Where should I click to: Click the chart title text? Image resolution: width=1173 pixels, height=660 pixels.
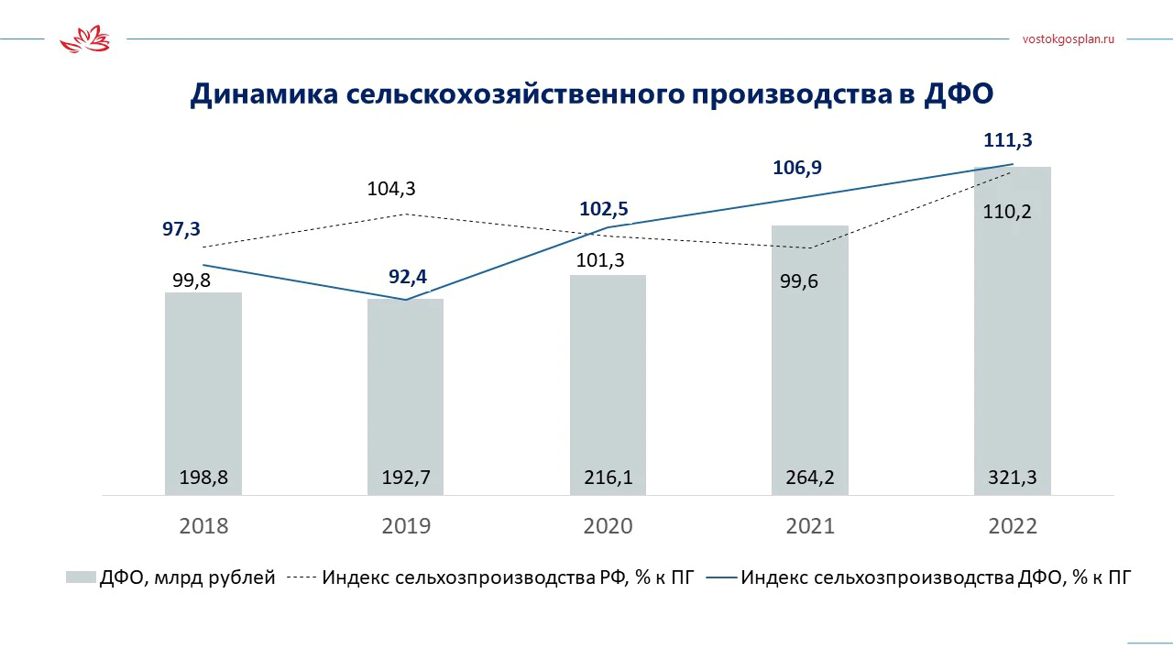(x=591, y=95)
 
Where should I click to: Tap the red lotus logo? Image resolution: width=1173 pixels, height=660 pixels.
(x=84, y=40)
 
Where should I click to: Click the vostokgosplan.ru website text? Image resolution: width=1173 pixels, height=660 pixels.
(x=1068, y=39)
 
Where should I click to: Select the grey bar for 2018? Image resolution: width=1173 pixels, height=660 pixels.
(x=203, y=385)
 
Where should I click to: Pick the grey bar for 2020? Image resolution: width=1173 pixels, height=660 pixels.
(x=608, y=376)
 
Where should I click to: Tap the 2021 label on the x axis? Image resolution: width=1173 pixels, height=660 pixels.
(x=810, y=526)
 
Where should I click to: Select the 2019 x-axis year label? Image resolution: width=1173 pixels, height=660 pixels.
(x=405, y=526)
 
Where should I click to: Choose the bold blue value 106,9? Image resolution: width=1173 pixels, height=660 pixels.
(x=796, y=168)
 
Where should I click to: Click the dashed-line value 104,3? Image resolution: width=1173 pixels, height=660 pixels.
(x=390, y=190)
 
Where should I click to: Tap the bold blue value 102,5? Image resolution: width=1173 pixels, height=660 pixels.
(x=604, y=208)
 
